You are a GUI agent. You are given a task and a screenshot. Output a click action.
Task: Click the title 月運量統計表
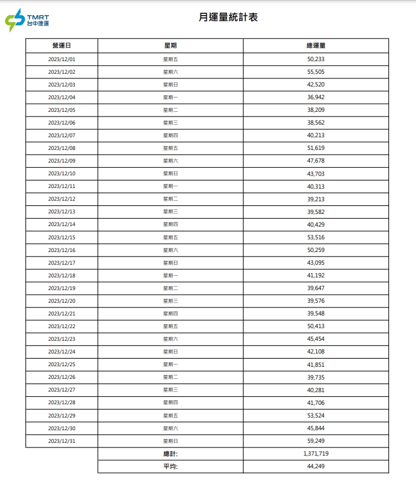tap(228, 17)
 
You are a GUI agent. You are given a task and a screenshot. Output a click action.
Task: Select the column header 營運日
tap(62, 46)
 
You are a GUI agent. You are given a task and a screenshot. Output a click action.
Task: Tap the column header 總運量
tap(316, 46)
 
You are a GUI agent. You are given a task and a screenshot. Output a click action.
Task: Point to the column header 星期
tap(171, 46)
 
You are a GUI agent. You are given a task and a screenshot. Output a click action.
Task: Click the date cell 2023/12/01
tap(62, 59)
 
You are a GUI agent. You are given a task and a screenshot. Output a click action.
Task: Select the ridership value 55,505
tap(316, 72)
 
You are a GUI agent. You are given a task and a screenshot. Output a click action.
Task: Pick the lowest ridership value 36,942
tap(316, 97)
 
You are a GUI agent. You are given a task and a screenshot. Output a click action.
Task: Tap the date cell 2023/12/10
tap(62, 174)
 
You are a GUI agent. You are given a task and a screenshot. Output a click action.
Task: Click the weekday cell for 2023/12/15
tap(171, 237)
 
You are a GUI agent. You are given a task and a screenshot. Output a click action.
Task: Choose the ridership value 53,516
tap(316, 237)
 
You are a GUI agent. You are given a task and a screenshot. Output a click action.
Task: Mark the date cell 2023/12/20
tap(62, 301)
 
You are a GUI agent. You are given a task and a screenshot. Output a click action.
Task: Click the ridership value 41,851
tap(316, 364)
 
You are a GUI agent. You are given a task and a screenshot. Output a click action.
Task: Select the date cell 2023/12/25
tap(62, 364)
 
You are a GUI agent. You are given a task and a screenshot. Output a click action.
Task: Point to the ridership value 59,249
tap(316, 441)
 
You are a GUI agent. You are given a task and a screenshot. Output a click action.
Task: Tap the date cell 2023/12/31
tap(62, 441)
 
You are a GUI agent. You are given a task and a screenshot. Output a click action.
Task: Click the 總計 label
tap(171, 454)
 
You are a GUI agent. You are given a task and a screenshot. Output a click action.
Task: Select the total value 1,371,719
tap(316, 454)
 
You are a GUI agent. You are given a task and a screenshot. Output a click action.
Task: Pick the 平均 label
tap(171, 467)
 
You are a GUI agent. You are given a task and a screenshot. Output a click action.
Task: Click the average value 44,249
tap(316, 467)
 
